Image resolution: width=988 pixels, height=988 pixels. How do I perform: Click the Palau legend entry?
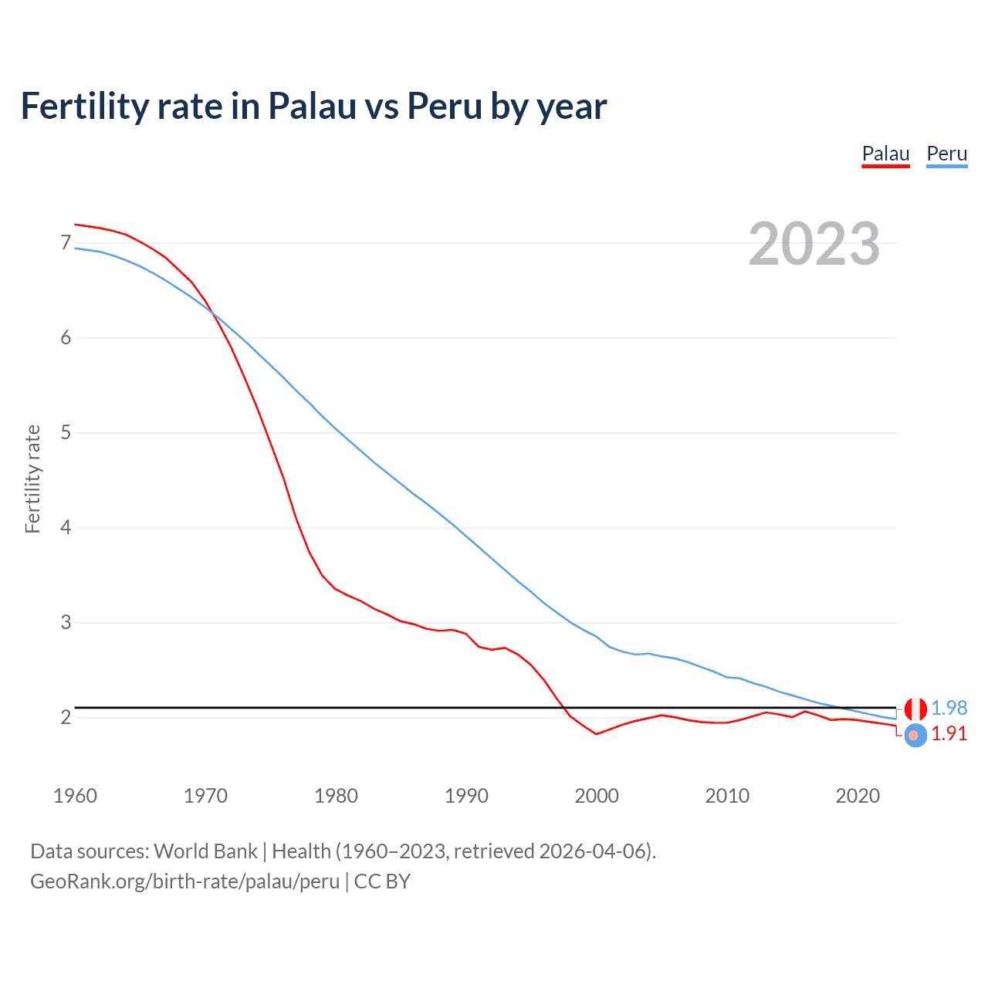pos(885,154)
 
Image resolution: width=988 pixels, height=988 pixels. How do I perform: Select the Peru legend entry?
pos(946,154)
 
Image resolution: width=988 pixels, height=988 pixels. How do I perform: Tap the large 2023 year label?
pos(814,244)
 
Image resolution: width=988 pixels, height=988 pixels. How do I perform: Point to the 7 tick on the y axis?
pos(66,243)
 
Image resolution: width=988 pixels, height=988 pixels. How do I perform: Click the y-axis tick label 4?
pos(66,528)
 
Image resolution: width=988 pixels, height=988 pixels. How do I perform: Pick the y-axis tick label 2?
pos(66,718)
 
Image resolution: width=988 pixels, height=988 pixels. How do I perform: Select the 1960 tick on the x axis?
pos(75,796)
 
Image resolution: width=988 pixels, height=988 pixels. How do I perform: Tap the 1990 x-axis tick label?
pos(466,796)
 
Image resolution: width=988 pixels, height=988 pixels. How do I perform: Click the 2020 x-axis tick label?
pos(858,796)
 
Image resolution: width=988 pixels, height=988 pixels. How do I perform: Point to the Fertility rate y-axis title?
pos(32,479)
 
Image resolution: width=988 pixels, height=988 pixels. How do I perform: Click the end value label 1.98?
pos(949,708)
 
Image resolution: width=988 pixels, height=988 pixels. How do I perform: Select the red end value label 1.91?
pos(949,733)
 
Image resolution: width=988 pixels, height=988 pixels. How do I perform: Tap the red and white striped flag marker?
pos(915,708)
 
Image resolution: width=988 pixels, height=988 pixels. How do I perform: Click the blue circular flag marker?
pos(915,736)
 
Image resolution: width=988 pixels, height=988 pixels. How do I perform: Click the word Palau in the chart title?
pos(312,106)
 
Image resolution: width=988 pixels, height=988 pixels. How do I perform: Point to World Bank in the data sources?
pos(205,851)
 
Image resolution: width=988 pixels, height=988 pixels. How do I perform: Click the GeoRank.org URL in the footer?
pos(184,881)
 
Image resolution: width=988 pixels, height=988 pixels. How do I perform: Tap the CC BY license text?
pos(382,881)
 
